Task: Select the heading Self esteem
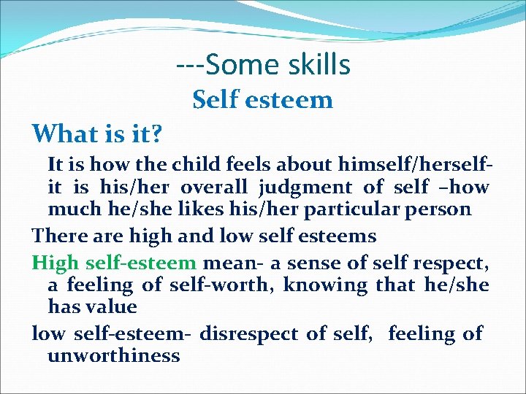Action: coord(262,99)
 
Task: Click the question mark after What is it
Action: coord(156,134)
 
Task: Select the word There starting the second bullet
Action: coord(58,236)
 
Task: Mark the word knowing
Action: coord(325,285)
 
